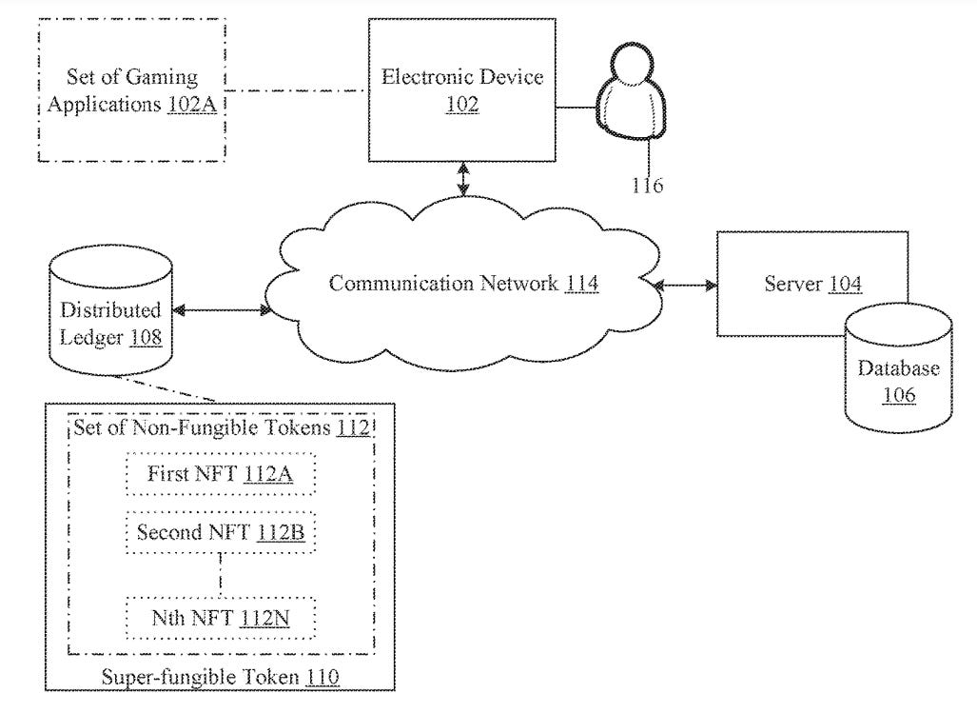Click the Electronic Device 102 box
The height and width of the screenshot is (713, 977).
[462, 89]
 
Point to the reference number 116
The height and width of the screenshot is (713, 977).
[647, 185]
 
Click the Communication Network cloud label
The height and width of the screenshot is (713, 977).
[463, 284]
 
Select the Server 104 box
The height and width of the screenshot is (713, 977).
[813, 284]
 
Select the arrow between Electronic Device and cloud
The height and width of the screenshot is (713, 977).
[463, 179]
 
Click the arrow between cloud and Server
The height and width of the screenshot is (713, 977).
[686, 284]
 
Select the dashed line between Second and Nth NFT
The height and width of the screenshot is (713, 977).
[221, 574]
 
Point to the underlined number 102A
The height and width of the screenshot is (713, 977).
[191, 105]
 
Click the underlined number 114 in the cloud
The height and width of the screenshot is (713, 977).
[581, 284]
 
